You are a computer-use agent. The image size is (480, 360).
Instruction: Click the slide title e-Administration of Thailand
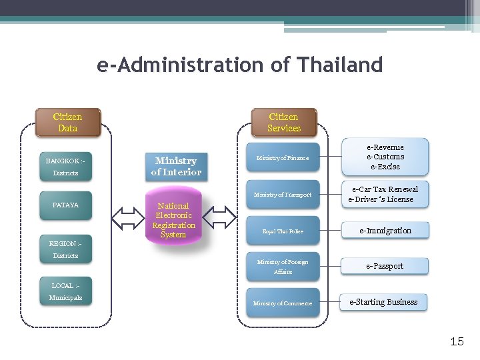(240, 65)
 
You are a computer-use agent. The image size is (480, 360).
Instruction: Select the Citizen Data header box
(67, 123)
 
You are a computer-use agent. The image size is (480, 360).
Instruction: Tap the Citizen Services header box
(284, 123)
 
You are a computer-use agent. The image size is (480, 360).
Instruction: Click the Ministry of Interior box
(176, 167)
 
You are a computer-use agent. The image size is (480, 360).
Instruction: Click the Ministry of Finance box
(283, 158)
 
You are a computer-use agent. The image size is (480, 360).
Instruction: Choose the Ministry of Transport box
(283, 195)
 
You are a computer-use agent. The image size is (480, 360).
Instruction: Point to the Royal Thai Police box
(283, 231)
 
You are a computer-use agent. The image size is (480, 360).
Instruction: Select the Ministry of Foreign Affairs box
(283, 267)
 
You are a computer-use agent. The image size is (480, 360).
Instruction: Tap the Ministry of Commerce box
(283, 303)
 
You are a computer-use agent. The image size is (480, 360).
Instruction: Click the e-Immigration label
(385, 231)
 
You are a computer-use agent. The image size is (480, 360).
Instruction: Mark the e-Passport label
(385, 266)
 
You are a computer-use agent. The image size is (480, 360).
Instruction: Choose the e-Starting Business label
(383, 302)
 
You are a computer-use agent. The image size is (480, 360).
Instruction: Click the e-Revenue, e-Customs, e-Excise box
(385, 157)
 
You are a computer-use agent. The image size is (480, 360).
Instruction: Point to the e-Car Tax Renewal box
(384, 195)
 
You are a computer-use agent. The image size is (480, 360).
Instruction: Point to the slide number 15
(457, 342)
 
